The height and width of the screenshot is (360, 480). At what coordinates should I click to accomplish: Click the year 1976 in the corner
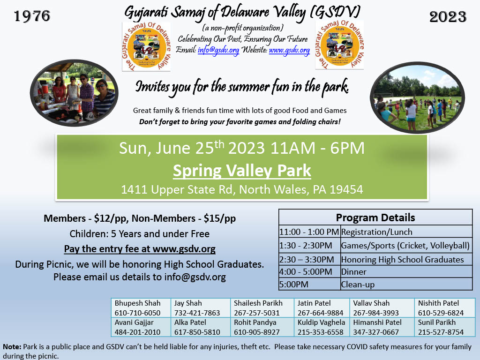coord(32,16)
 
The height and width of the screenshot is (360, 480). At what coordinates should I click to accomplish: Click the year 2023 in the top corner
coord(448,16)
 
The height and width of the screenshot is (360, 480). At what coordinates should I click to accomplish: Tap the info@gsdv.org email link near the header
coord(218,50)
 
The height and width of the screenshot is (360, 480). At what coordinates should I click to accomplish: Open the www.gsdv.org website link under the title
coord(289,50)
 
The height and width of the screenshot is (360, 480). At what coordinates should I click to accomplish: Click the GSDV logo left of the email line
coord(146,46)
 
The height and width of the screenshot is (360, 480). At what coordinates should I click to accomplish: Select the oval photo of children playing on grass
coord(417,97)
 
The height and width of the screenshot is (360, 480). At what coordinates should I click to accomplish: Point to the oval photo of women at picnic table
coord(75,93)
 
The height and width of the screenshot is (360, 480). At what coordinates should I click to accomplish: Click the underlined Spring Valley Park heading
coord(242,170)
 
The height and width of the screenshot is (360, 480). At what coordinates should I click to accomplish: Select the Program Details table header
coord(375,217)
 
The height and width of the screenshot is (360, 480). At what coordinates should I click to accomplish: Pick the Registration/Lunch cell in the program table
coord(376,232)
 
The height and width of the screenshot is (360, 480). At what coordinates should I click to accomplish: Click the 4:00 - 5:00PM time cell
coord(306,272)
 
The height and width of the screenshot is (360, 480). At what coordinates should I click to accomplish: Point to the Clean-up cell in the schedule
coord(358,285)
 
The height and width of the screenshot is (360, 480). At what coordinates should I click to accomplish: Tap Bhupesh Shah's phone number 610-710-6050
coord(137,313)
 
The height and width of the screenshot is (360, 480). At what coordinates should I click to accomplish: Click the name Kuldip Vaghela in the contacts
coord(321,322)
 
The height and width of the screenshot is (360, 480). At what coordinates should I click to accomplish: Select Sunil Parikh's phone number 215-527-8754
coord(441,332)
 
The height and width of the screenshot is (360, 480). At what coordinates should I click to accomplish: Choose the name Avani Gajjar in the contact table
coord(134,322)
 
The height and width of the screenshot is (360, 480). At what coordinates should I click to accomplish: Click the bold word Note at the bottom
coord(12,346)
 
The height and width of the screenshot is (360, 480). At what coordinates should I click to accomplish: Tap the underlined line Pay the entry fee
coord(140,249)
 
